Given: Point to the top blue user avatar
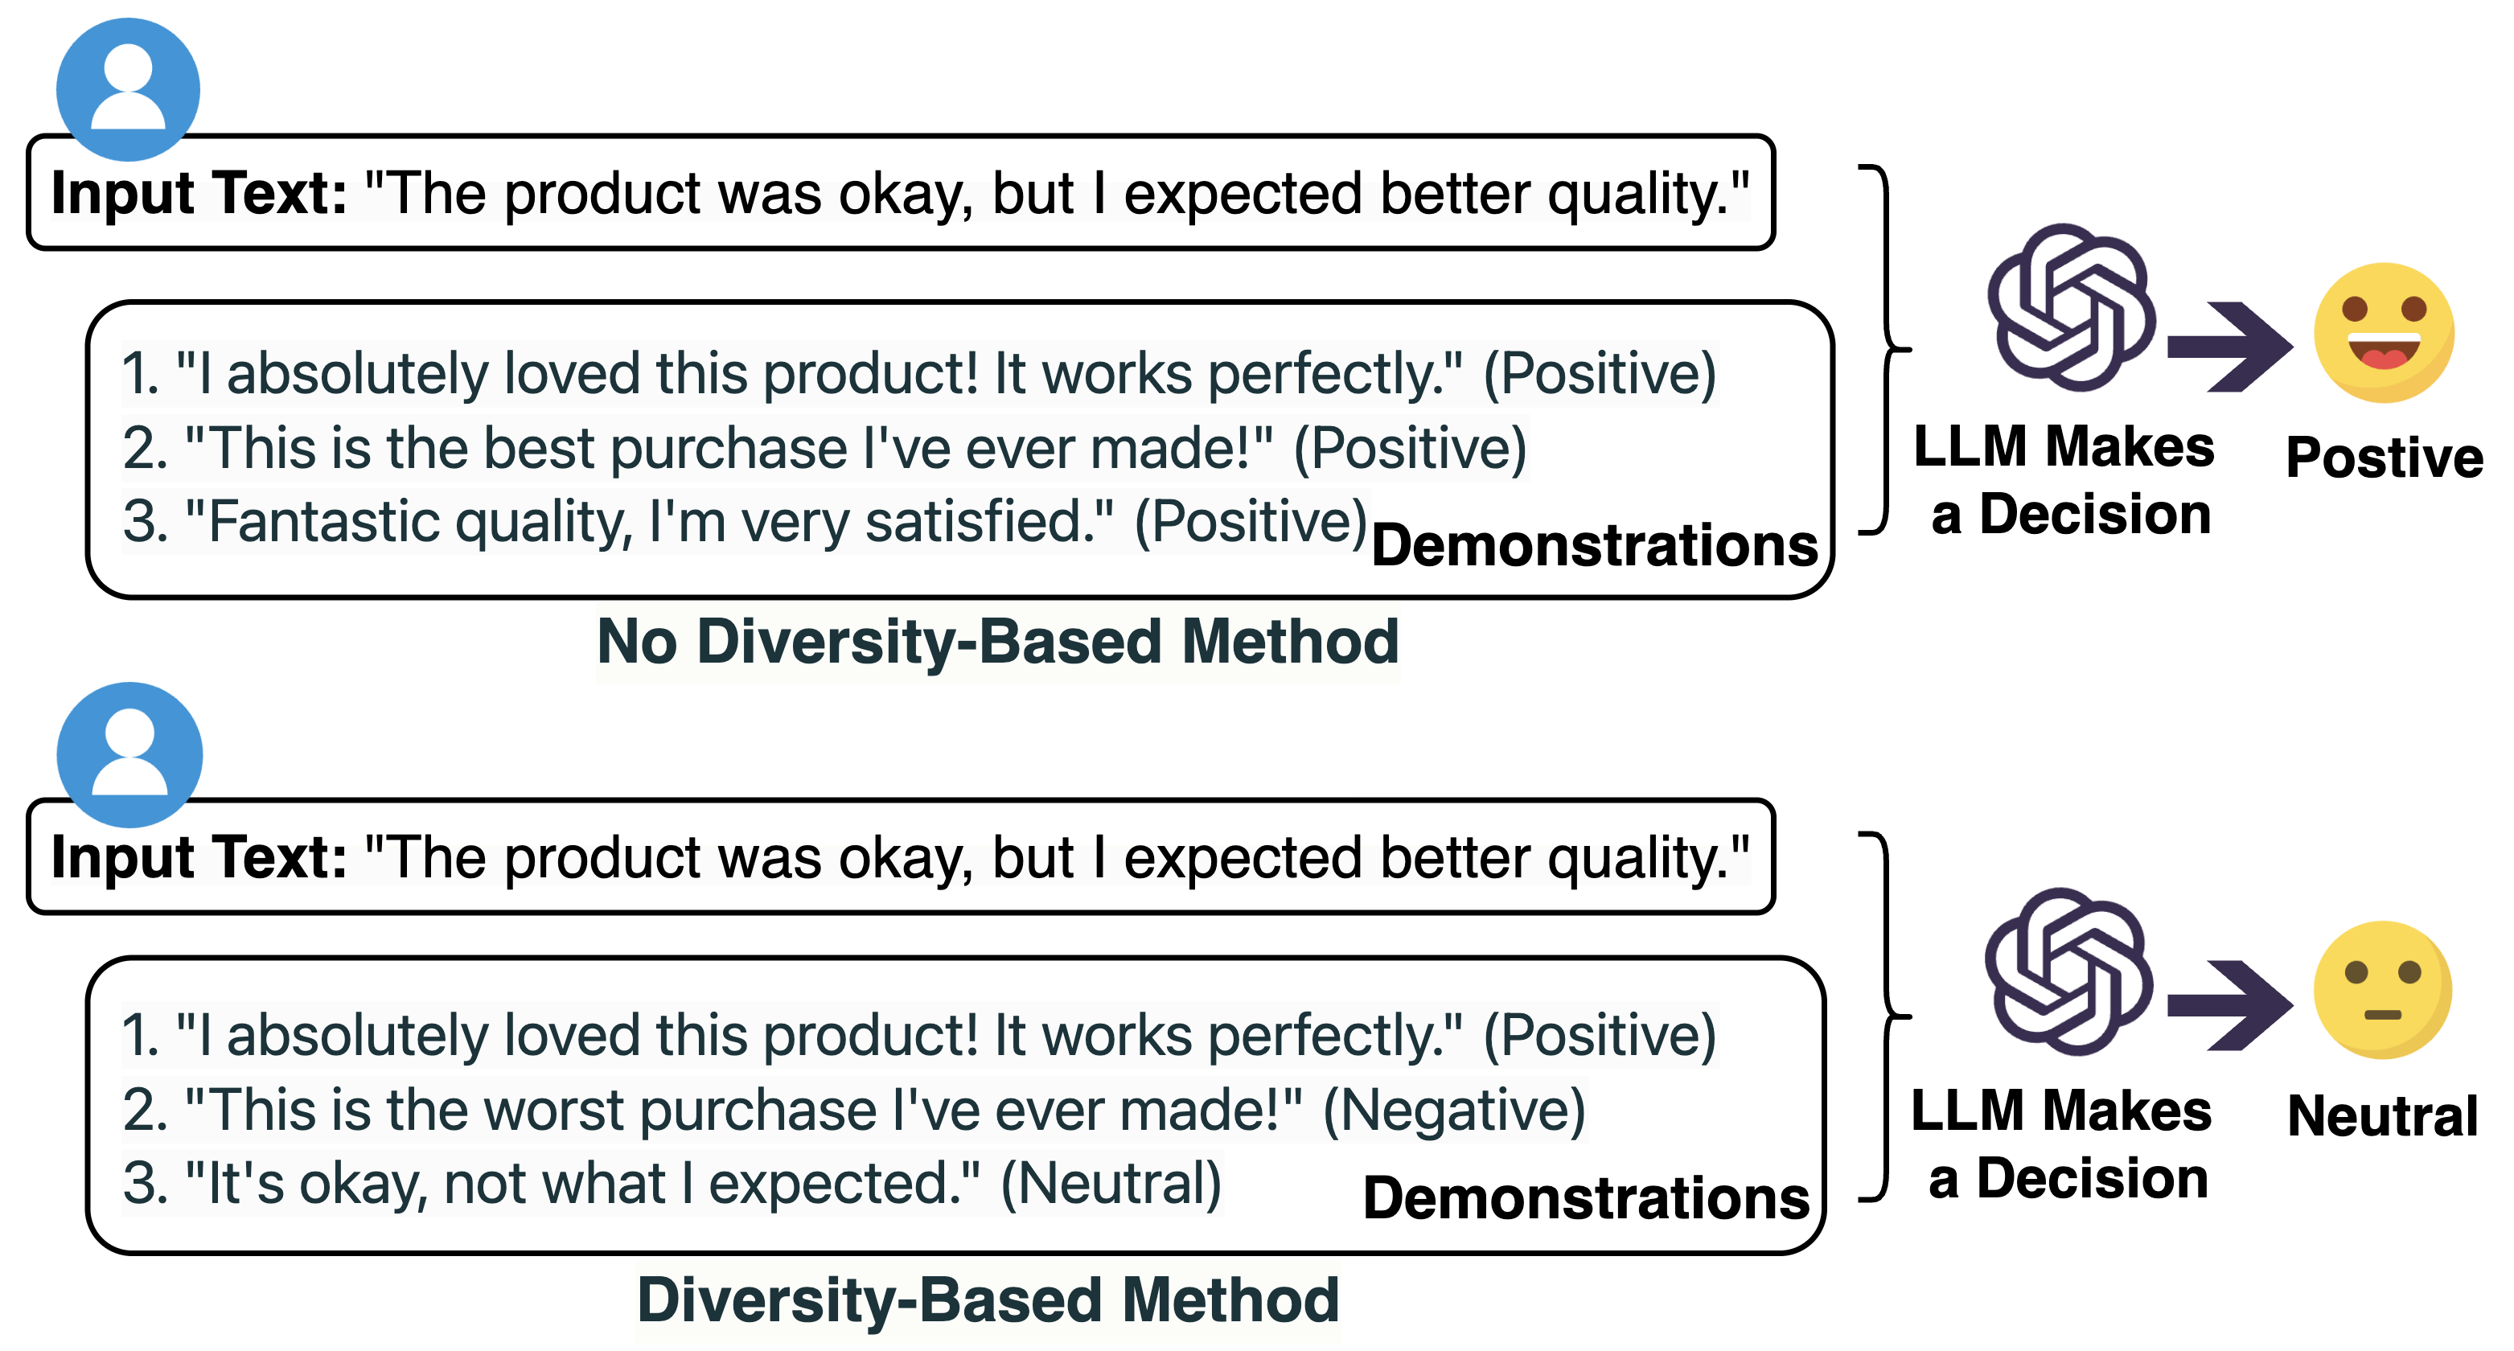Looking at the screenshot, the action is point(128,88).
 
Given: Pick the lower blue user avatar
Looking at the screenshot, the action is point(129,754).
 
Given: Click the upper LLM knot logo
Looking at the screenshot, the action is point(2070,306).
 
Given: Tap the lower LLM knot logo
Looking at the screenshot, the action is point(2068,971).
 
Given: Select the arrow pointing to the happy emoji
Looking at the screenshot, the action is point(2230,347).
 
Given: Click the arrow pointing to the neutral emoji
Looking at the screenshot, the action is point(2230,1005).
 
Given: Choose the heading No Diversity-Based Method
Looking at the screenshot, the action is point(997,642).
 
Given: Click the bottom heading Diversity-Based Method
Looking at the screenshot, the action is point(988,1300).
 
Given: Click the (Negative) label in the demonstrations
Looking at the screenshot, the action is point(1453,1111).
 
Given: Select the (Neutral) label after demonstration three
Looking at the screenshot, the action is point(1111,1184).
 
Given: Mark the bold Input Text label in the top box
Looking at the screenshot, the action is point(199,192).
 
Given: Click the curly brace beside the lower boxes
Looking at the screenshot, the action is point(1884,1016).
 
